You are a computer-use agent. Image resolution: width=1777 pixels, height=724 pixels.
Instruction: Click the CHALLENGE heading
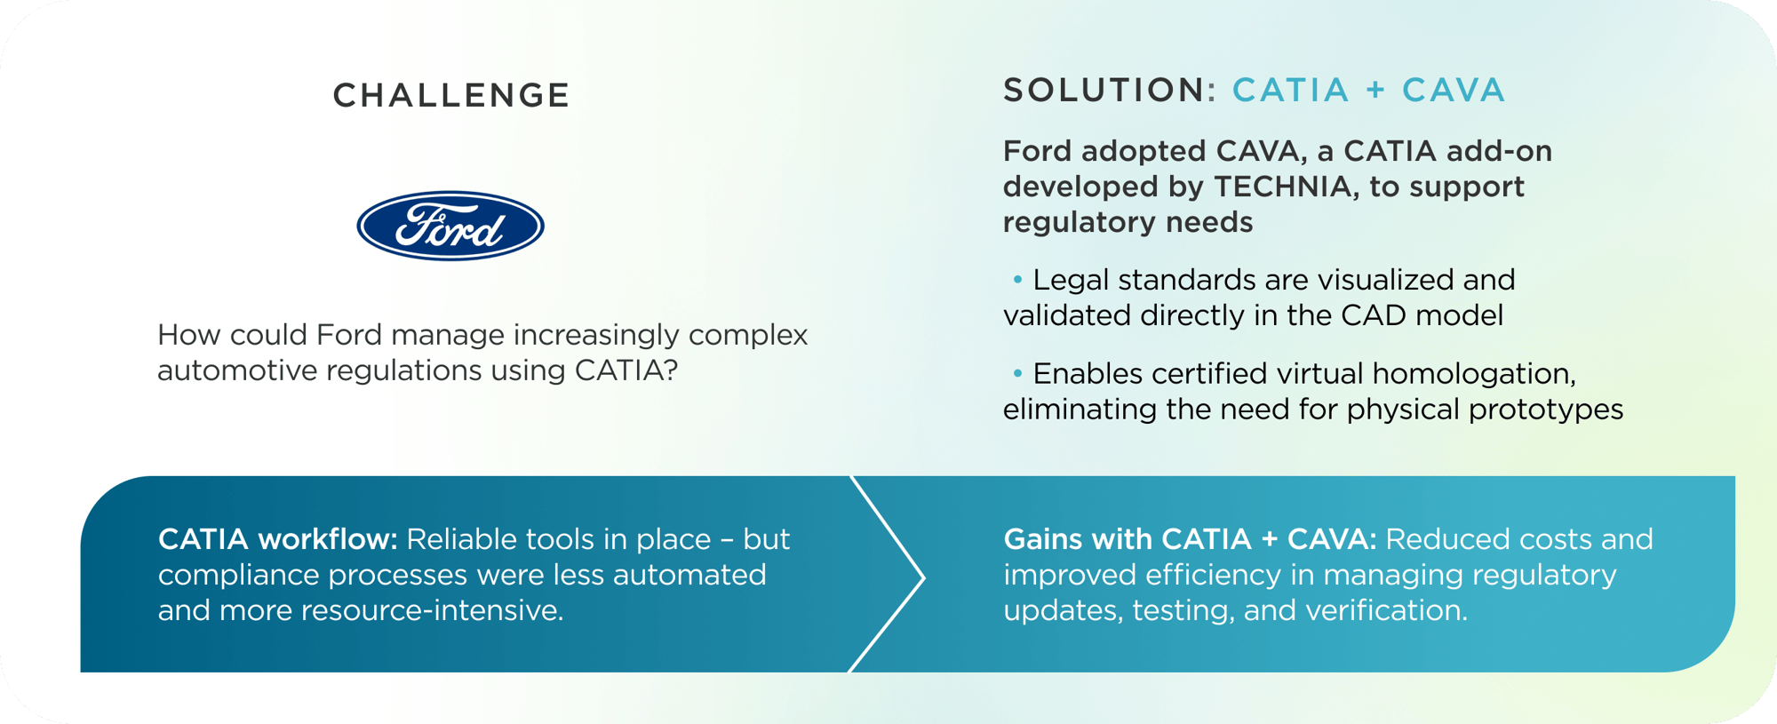point(450,96)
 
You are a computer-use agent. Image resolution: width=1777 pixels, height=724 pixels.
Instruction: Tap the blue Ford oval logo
point(450,226)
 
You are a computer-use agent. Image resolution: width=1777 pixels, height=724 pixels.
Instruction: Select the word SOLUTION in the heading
point(1104,91)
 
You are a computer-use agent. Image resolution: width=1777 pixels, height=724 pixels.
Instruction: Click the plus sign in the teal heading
point(1375,91)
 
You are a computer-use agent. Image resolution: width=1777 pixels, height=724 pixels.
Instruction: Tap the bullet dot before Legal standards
point(1017,280)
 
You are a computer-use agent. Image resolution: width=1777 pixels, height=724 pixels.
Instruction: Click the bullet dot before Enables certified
point(1017,373)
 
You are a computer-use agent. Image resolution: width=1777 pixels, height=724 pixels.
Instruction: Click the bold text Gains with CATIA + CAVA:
point(1190,539)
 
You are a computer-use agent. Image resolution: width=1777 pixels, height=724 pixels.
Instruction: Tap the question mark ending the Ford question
point(671,370)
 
